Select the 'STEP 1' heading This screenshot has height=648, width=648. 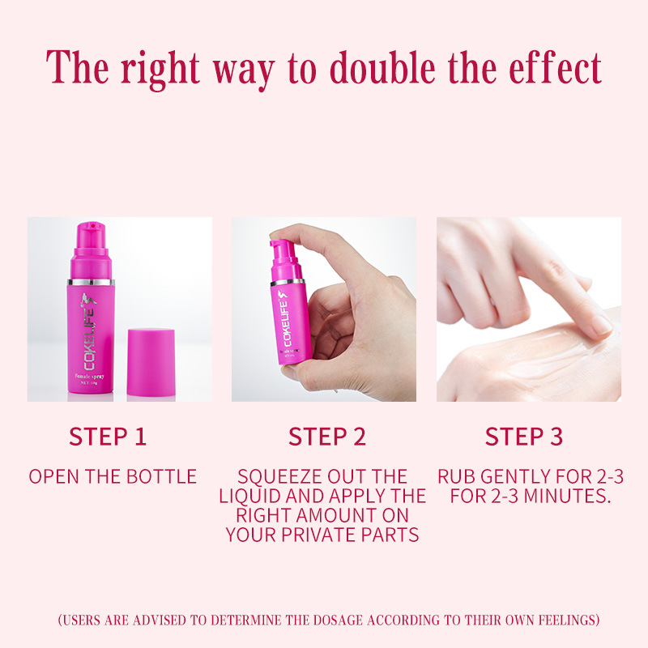click(108, 436)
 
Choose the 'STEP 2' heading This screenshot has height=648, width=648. click(327, 436)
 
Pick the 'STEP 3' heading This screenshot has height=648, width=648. click(523, 436)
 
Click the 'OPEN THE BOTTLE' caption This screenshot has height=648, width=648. click(113, 476)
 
